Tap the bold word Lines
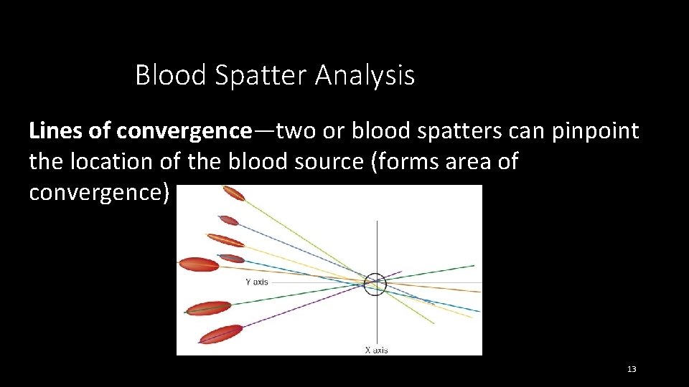tap(55, 131)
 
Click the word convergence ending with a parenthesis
tap(100, 192)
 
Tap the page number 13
tap(632, 369)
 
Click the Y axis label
tap(256, 282)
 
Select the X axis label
tap(376, 350)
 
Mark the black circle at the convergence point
tap(375, 285)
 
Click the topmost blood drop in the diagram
tap(233, 193)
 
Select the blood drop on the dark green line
tap(208, 308)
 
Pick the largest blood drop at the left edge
tap(199, 264)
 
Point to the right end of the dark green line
tap(473, 266)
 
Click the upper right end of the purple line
tap(400, 272)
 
